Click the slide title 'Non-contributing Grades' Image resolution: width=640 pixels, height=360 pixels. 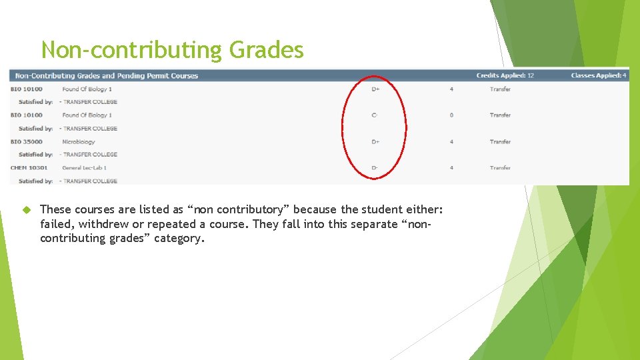[x=172, y=50]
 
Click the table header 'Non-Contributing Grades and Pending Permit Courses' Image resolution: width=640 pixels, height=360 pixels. [x=107, y=75]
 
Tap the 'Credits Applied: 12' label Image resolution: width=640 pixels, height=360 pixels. [x=505, y=75]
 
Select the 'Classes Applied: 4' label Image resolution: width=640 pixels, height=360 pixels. [x=598, y=75]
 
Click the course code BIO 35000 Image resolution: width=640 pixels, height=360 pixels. [x=27, y=141]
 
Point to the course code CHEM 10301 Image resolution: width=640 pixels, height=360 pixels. [x=29, y=168]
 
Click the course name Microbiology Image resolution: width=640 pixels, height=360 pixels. [x=79, y=141]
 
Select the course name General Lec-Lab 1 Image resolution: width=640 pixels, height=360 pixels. [x=84, y=168]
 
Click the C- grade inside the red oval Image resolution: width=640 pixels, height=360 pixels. [x=375, y=115]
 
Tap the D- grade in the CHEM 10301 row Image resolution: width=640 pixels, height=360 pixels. [x=375, y=168]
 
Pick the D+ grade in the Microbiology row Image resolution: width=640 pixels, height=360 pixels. [x=375, y=141]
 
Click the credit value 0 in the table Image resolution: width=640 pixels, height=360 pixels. [x=451, y=115]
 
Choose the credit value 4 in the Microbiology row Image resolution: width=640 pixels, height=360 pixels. [x=451, y=141]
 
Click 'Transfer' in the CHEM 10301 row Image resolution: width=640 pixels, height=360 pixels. [x=500, y=168]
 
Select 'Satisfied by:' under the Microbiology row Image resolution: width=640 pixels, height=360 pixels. [x=35, y=155]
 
